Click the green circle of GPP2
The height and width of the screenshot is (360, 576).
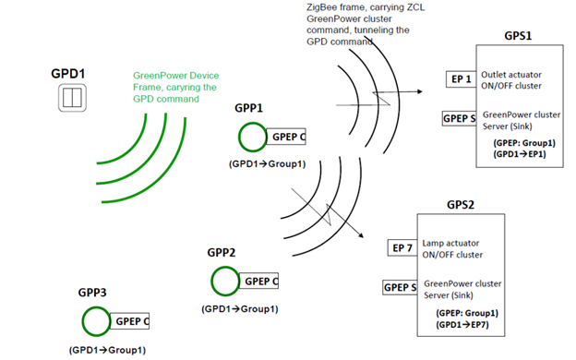[225, 280]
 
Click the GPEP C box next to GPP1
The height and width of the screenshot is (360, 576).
[288, 137]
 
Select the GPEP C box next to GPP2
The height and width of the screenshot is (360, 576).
[261, 281]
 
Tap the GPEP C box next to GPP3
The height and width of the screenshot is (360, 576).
[131, 321]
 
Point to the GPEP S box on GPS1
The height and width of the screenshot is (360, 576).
[460, 118]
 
